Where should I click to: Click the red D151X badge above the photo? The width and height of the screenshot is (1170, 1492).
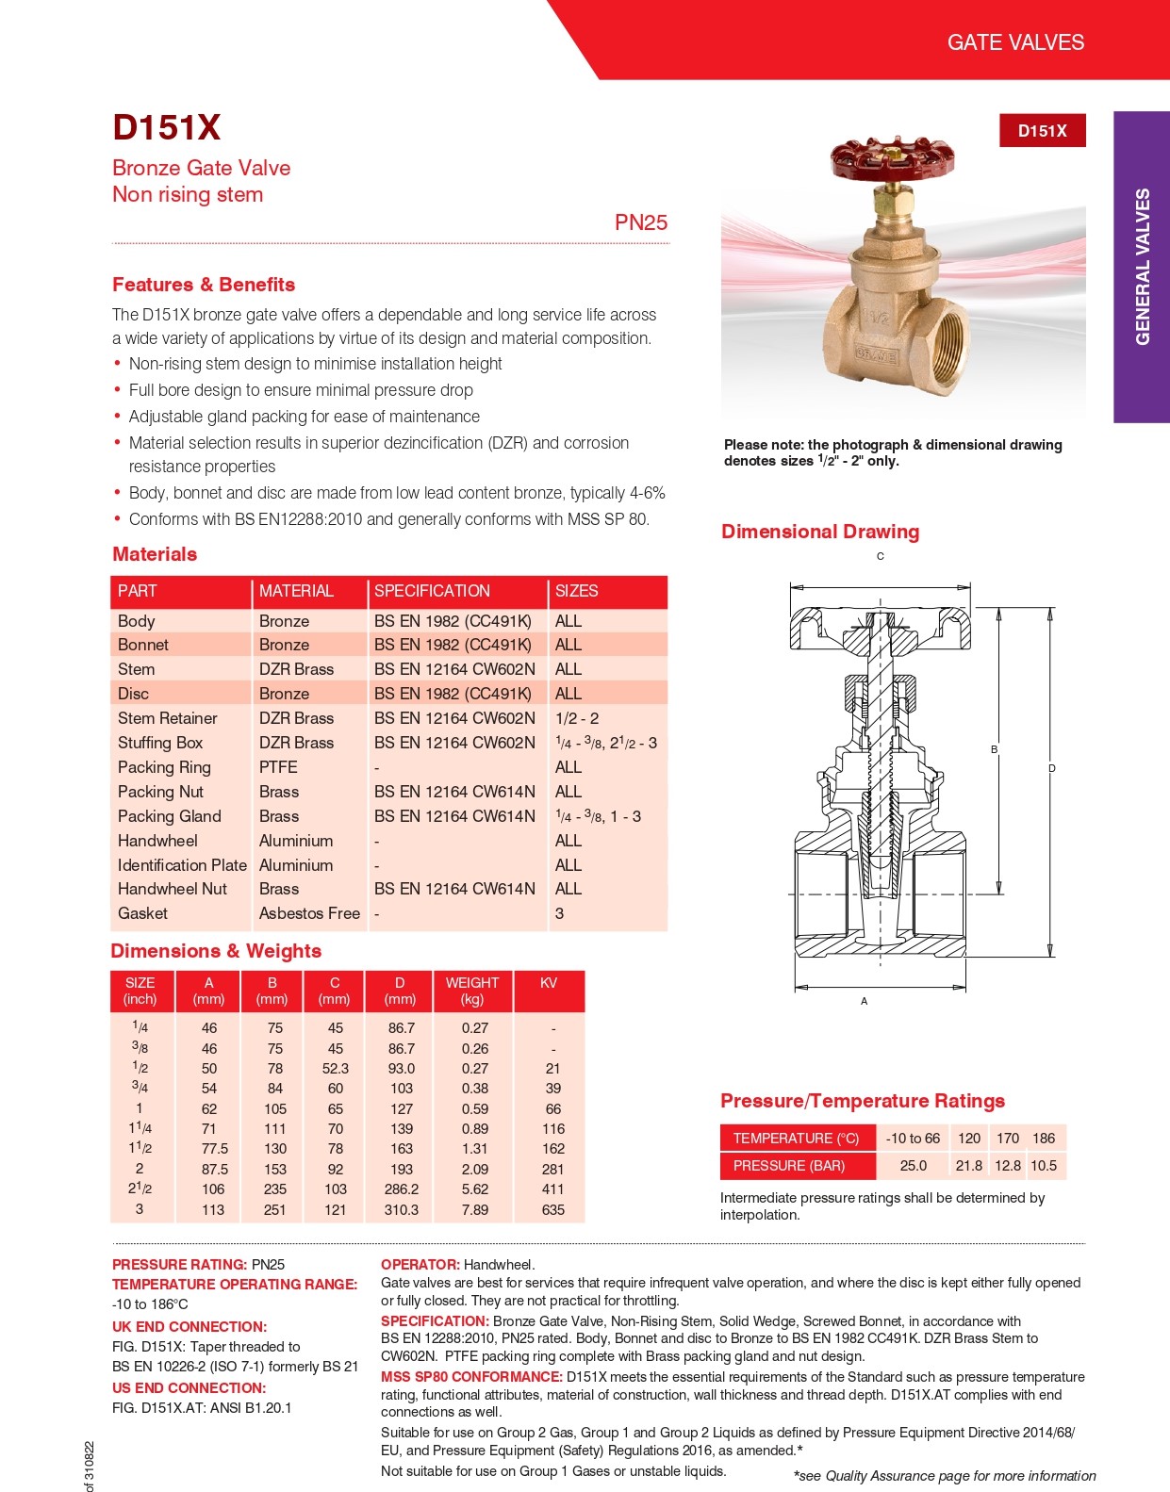[x=1042, y=131]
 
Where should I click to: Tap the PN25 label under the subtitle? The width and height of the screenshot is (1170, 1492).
[x=641, y=222]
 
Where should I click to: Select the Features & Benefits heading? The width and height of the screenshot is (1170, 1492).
[x=204, y=285]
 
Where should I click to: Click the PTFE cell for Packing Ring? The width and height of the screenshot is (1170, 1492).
[x=278, y=767]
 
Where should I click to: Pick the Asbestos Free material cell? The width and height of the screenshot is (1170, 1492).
[x=309, y=913]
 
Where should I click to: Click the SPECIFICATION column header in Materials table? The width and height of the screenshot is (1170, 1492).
[x=432, y=591]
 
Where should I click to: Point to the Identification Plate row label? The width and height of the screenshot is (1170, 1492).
[x=182, y=865]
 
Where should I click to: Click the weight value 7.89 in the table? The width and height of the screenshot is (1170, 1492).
[x=475, y=1209]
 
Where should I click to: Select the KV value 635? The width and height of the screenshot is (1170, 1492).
[x=553, y=1209]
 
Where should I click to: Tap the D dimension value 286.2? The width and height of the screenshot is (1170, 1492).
[x=402, y=1189]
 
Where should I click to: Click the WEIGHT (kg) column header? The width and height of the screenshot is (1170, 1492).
[x=472, y=991]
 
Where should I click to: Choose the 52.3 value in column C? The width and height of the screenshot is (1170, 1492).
[x=336, y=1069]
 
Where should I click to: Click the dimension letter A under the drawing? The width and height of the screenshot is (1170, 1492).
[x=864, y=1001]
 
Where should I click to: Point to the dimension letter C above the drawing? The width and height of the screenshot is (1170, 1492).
[x=881, y=556]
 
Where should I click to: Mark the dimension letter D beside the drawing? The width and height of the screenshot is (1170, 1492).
[x=1052, y=768]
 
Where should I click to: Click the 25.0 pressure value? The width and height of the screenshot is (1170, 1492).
[x=914, y=1166]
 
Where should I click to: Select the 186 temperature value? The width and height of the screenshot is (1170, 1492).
[x=1044, y=1139]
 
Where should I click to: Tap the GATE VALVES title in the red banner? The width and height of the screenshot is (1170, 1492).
[x=1015, y=42]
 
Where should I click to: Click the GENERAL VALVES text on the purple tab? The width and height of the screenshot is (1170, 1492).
[x=1143, y=267]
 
